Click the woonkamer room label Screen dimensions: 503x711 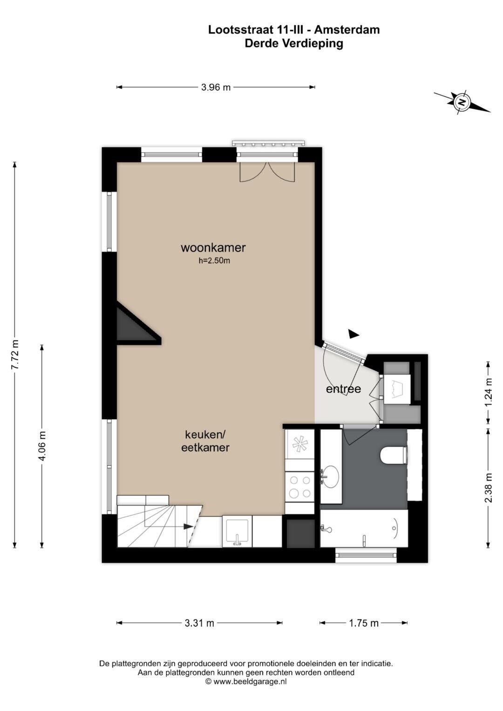click(213, 248)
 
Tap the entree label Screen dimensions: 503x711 click(344, 389)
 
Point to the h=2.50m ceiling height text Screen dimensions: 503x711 click(214, 261)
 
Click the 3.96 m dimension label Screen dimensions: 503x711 click(216, 87)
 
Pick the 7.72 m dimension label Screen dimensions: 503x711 click(15, 354)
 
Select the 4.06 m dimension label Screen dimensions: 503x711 click(42, 446)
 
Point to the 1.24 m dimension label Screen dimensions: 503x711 click(489, 393)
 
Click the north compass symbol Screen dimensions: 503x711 click(462, 102)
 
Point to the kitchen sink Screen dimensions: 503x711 click(237, 532)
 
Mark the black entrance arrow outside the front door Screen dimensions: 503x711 click(354, 333)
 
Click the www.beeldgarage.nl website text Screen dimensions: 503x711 click(250, 681)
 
